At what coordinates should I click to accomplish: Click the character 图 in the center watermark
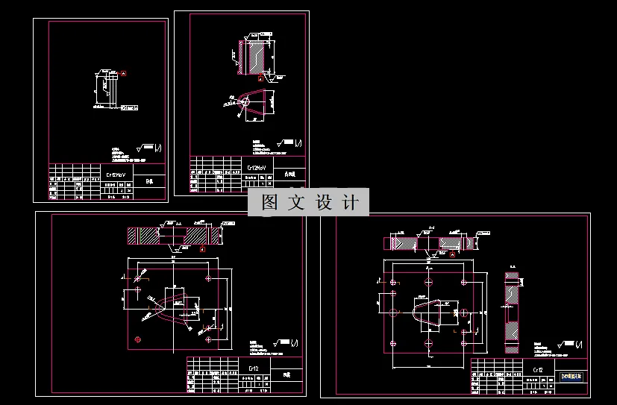(269, 202)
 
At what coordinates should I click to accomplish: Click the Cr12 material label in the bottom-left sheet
(253, 368)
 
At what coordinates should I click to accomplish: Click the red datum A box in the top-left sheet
(124, 73)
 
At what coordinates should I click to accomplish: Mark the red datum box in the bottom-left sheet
(202, 250)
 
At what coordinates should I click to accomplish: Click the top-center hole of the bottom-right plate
(429, 280)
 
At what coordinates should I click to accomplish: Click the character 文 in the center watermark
(296, 202)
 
